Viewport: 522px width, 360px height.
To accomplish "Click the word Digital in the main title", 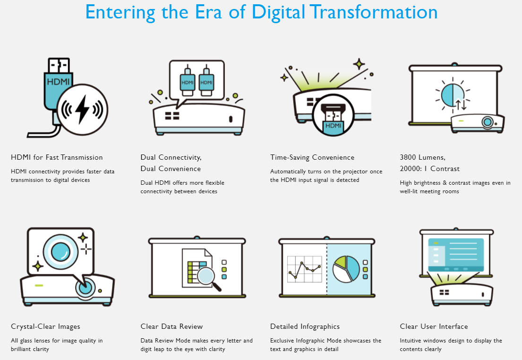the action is click(278, 12).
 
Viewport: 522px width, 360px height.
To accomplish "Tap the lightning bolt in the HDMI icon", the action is click(82, 109).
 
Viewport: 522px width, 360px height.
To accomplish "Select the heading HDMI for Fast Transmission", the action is click(57, 157).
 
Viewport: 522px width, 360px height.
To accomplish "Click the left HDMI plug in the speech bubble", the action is click(188, 80).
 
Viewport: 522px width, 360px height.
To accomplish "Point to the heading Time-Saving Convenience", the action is click(312, 157).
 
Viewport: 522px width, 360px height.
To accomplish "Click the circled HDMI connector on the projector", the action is click(333, 115).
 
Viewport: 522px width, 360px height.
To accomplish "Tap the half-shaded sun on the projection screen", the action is click(453, 95).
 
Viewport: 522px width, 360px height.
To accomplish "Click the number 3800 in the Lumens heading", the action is click(408, 157).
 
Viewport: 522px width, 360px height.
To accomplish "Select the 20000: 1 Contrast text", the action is click(429, 169).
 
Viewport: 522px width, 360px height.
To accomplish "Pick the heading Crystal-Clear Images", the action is click(46, 326).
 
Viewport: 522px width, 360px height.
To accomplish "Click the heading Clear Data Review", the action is click(171, 326).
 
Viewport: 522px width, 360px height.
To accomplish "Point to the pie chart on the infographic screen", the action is click(346, 269).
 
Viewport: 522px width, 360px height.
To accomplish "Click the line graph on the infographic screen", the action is click(305, 269).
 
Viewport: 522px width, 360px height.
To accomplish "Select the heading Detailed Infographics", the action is click(305, 326).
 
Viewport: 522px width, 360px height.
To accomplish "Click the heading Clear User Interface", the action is click(434, 326).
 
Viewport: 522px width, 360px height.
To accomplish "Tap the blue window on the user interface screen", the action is click(456, 255).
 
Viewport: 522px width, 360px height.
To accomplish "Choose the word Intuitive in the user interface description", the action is click(411, 340).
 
